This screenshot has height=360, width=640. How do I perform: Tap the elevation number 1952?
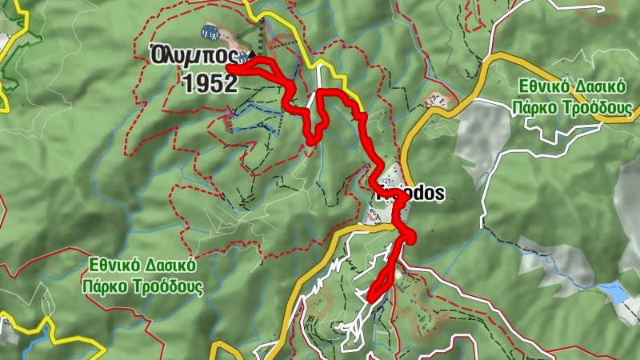tap(210, 83)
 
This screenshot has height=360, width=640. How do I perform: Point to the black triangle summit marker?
tap(251, 54)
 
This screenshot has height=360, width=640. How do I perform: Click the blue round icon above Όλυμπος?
tap(210, 33)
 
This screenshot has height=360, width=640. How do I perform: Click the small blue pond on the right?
tap(614, 291)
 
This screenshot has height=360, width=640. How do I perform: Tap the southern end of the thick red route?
tap(370, 298)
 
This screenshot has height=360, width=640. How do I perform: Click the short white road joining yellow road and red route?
tap(321, 76)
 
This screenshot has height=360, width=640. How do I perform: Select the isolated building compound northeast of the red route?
tap(436, 101)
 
